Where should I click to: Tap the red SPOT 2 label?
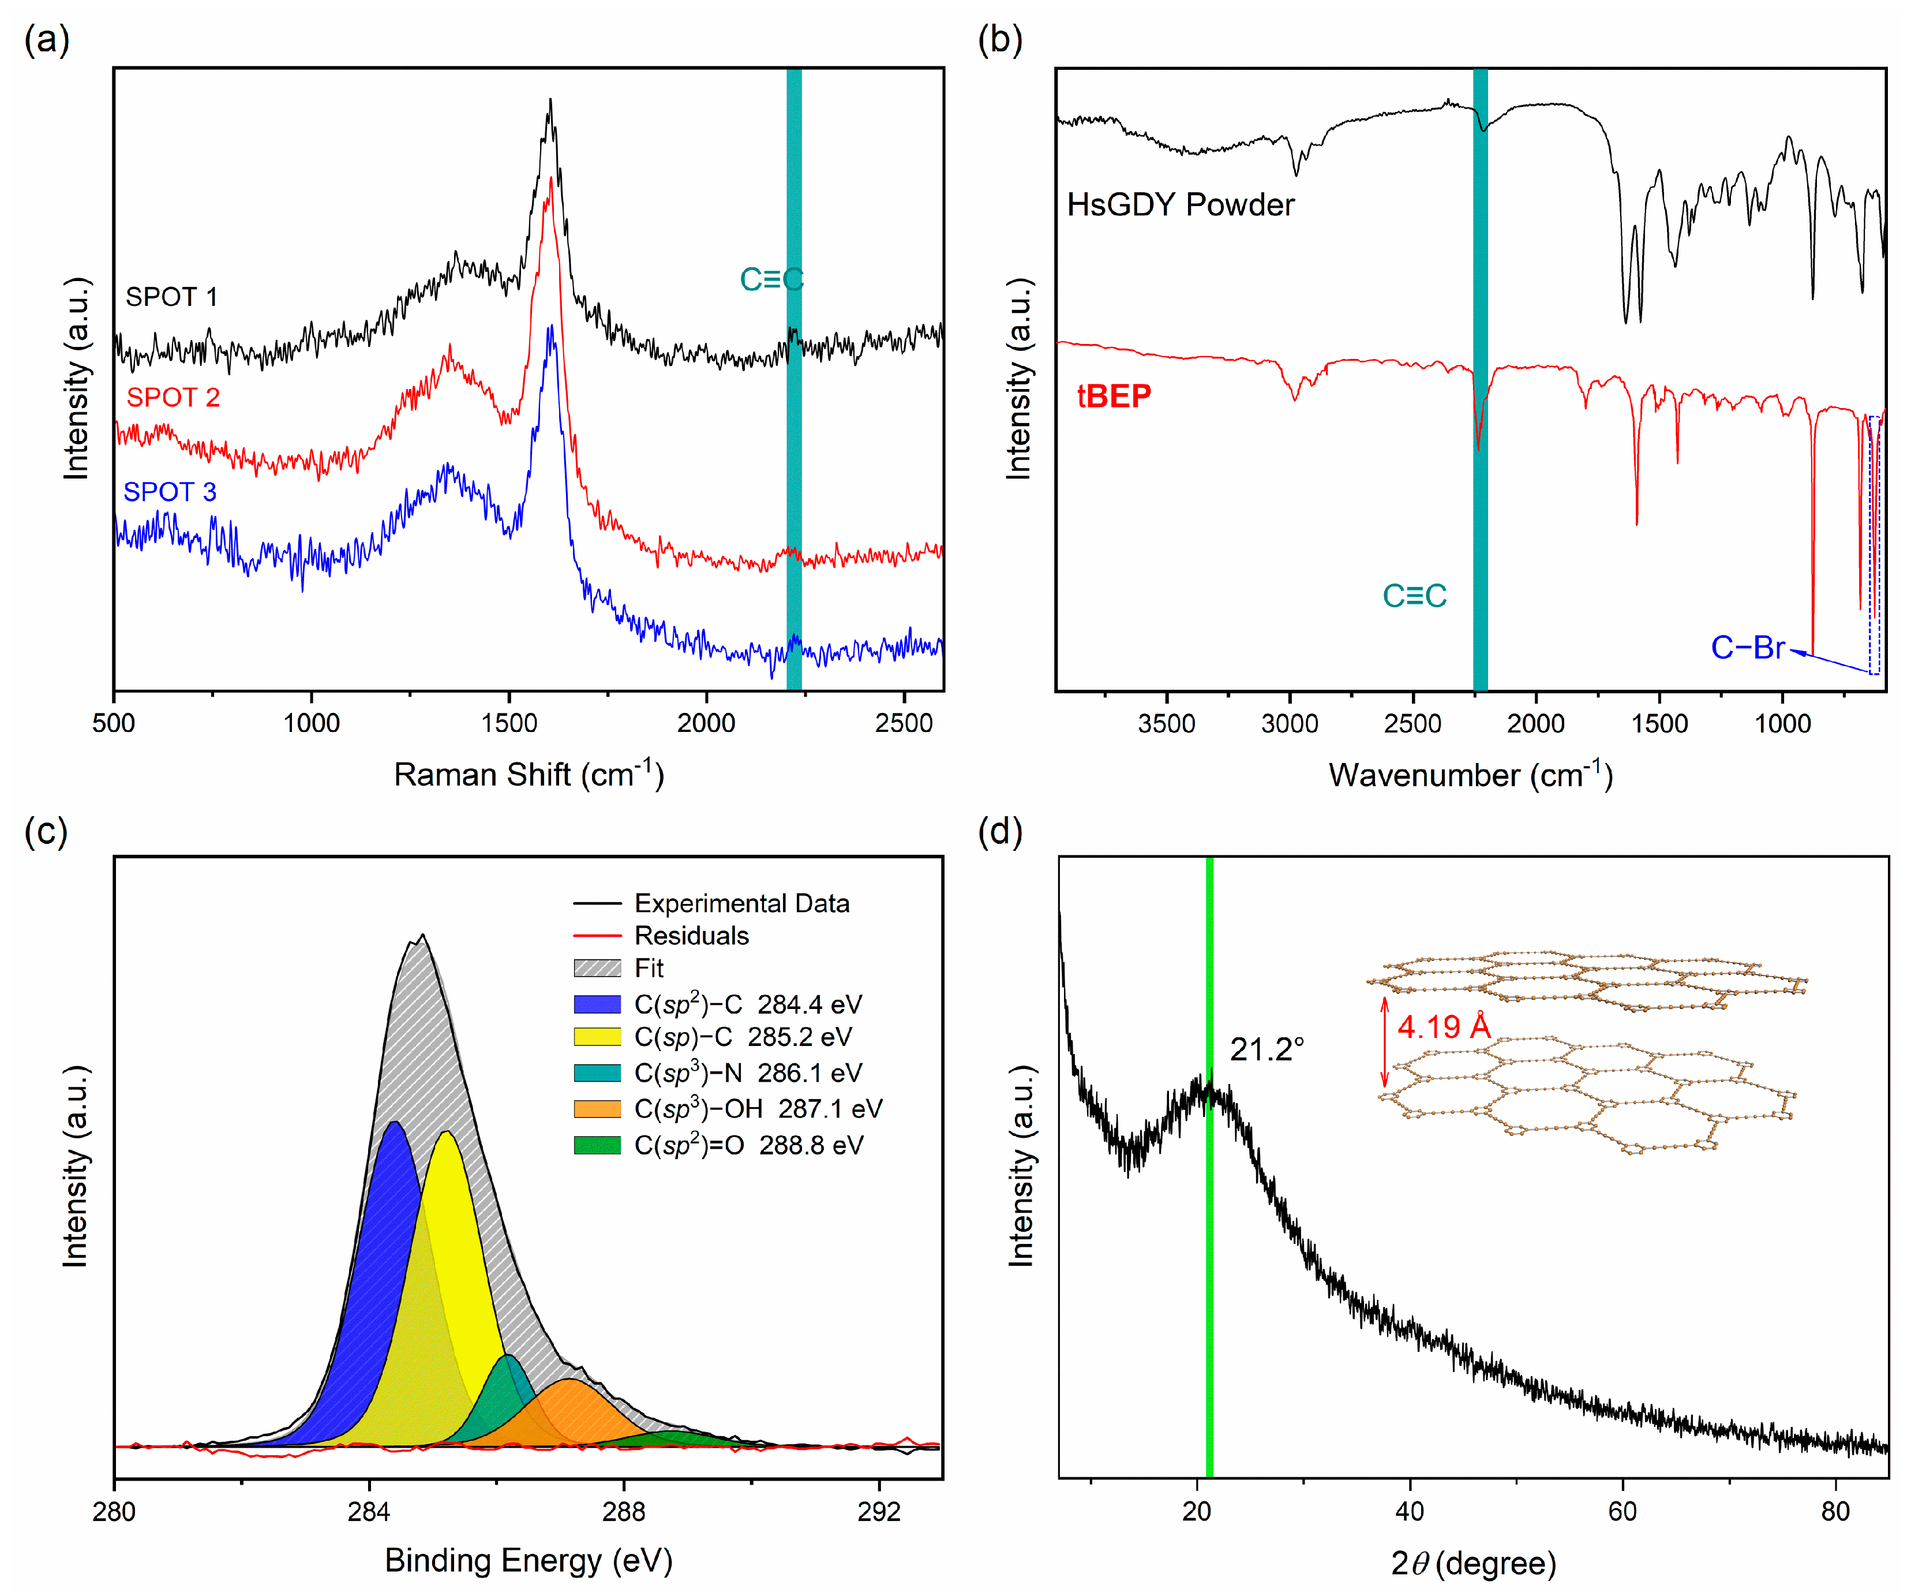click(x=173, y=397)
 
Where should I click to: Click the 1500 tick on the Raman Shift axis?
click(x=509, y=724)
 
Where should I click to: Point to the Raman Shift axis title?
click(x=529, y=775)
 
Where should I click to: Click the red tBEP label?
click(x=1114, y=396)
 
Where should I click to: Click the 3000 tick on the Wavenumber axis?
click(x=1290, y=724)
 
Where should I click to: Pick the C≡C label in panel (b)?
click(x=1414, y=596)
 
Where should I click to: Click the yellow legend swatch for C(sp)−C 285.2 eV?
click(x=597, y=1037)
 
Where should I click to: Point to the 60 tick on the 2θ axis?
click(x=1623, y=1512)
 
